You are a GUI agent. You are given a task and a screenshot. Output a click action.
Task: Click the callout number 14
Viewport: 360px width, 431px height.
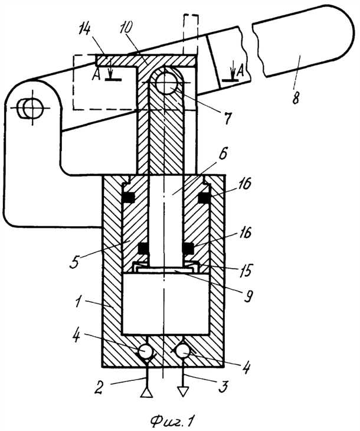coord(85,30)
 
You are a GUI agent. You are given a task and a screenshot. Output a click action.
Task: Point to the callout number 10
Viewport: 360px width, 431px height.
coord(126,28)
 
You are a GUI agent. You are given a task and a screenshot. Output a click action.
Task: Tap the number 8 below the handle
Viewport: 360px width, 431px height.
coord(296,97)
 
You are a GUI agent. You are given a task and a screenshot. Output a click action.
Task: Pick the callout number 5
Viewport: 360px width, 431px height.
coord(75,262)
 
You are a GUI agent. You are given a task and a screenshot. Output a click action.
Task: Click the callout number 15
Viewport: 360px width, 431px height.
coord(246,270)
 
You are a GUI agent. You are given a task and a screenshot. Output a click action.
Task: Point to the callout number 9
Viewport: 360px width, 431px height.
coord(248,296)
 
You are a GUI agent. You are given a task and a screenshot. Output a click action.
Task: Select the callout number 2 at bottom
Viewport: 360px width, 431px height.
coord(99,387)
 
